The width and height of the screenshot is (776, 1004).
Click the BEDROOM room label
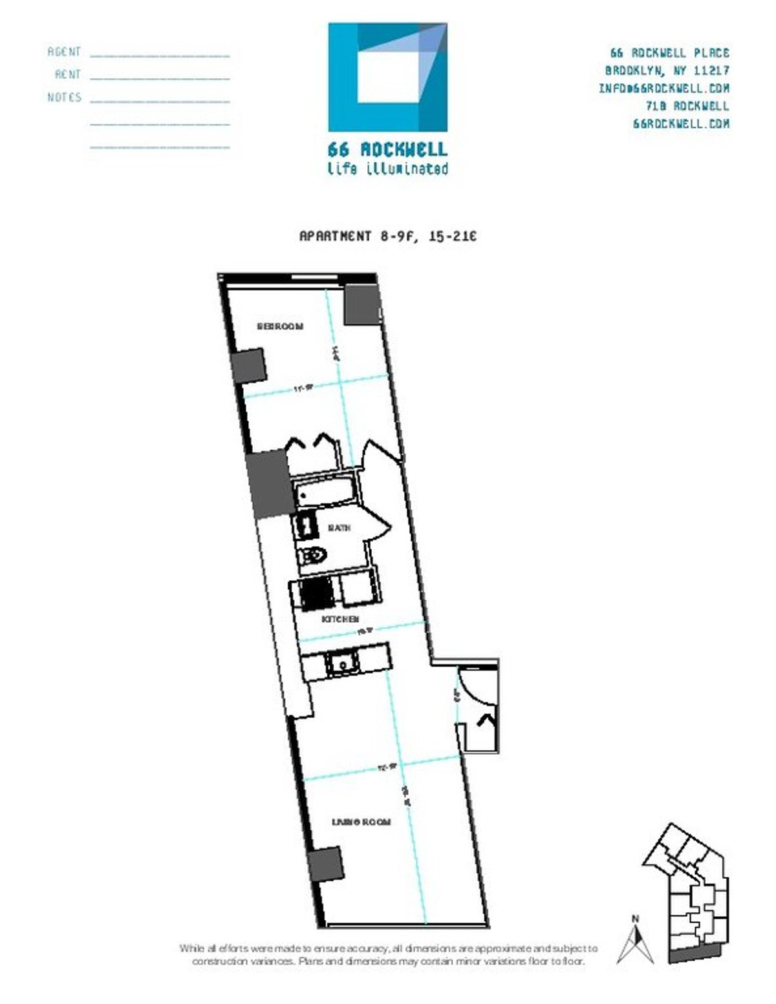pos(280,326)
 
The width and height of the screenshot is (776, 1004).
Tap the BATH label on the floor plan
pos(339,528)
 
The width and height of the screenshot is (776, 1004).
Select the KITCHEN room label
pos(341,619)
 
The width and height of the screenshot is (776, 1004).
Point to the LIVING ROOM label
pos(361,822)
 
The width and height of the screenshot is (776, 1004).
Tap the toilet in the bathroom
pos(314,555)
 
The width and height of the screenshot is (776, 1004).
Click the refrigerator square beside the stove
pos(356,589)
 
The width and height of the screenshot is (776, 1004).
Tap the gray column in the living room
pos(325,864)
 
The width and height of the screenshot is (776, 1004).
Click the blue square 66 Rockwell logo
pos(387,78)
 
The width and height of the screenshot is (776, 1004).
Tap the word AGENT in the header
pos(64,52)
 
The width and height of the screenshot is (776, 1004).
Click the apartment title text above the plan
pos(387,236)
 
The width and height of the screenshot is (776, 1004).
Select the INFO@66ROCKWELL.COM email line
pos(663,88)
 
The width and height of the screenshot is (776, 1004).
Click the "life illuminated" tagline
pos(387,169)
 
